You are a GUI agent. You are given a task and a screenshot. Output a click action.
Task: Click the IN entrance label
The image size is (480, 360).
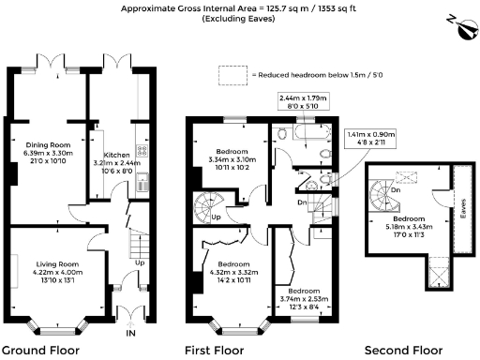(x=130, y=333)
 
